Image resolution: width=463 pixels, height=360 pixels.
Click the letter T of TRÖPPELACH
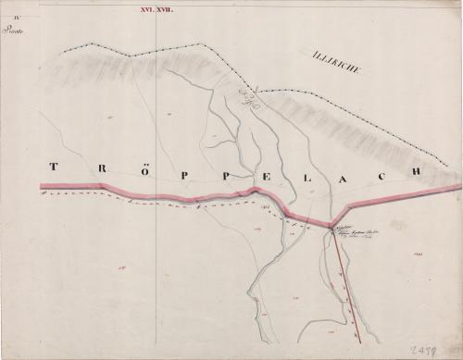[53, 168]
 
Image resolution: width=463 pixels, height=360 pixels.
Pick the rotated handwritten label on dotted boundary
[248, 101]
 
